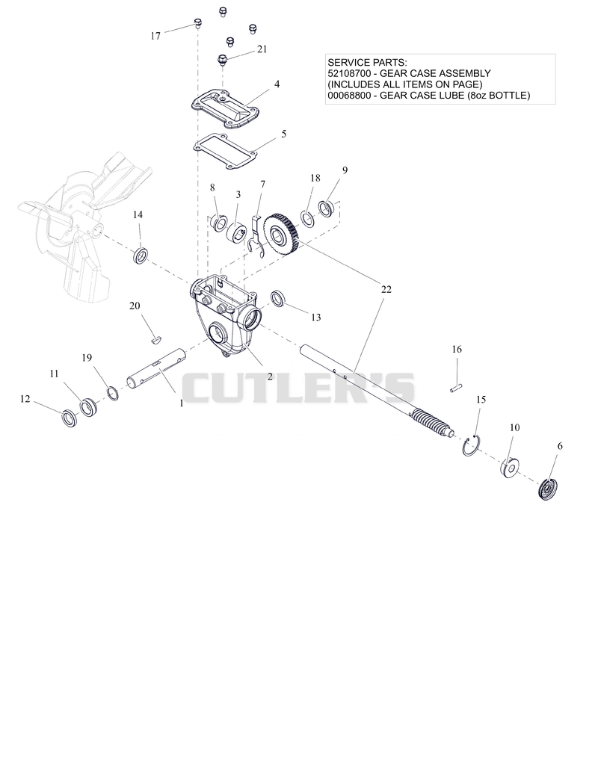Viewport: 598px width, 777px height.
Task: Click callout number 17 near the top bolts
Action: pos(155,36)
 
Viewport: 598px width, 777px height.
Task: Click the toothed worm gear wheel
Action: pos(280,232)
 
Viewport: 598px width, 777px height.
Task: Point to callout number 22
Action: pos(386,289)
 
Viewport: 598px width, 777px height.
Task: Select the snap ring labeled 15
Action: pos(470,445)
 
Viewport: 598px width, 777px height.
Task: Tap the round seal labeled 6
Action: pos(547,490)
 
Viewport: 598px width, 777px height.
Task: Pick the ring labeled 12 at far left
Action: pos(69,418)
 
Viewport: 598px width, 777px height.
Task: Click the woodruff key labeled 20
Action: pos(155,340)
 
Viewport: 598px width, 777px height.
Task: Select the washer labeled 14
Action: pos(141,256)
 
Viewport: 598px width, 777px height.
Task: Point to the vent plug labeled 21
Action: pos(222,62)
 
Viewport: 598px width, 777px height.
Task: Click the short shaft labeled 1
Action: pos(157,369)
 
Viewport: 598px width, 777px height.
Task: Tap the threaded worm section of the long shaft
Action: pos(429,421)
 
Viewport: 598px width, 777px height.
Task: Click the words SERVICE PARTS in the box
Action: pos(367,63)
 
